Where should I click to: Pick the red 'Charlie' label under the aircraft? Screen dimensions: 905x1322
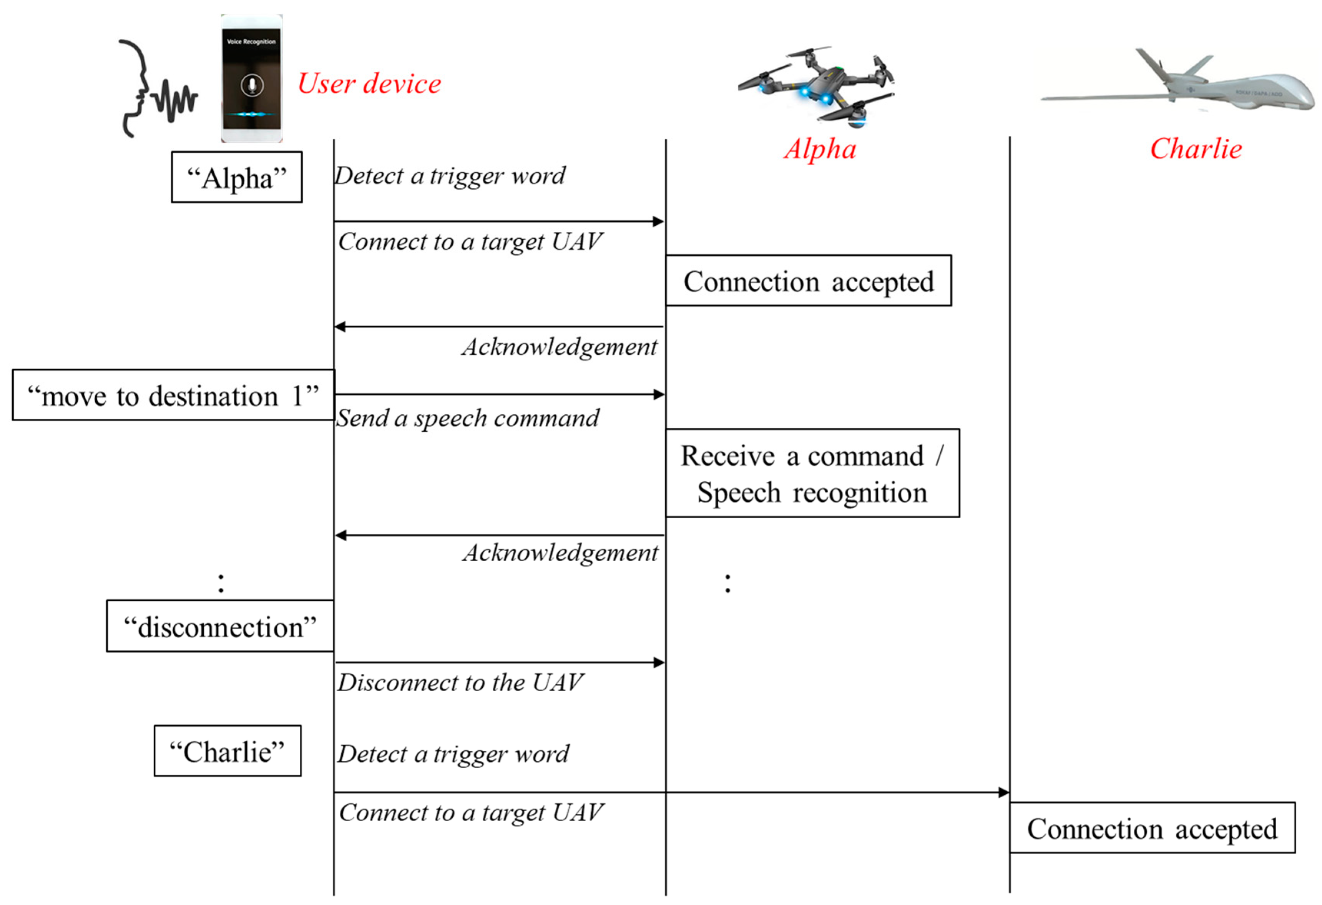[1196, 149]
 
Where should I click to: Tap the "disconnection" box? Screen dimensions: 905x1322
[220, 627]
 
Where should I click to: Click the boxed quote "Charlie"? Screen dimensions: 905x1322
[228, 751]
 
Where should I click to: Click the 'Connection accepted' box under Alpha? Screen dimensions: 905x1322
[808, 281]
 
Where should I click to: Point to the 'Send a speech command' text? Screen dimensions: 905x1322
[468, 418]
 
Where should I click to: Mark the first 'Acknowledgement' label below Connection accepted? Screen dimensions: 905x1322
[560, 347]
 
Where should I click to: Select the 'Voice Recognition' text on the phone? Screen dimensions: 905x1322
[251, 42]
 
